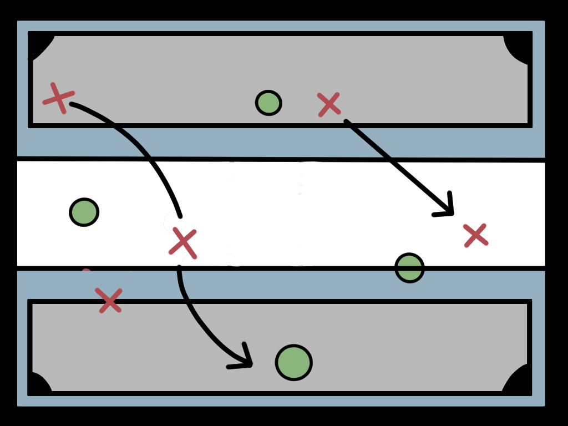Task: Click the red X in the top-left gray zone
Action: pos(58,98)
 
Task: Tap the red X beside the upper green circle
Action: pos(328,104)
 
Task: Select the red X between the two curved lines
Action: pos(183,242)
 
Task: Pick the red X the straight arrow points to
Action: pos(475,235)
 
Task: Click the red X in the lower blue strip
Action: pos(109,301)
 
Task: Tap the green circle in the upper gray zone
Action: pos(268,103)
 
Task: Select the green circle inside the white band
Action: pos(84,212)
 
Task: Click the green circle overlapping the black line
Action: pos(409,268)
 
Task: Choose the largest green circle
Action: pos(293,363)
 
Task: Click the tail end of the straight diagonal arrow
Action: pos(346,121)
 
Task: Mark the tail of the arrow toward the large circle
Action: pos(179,268)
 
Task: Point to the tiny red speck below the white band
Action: pos(86,271)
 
